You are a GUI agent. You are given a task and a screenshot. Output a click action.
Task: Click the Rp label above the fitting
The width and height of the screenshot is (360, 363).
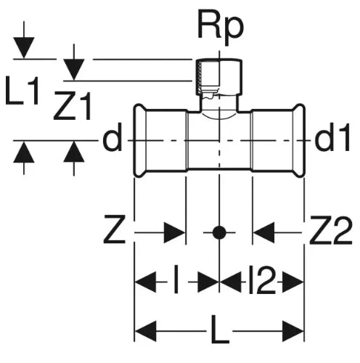tap(221, 28)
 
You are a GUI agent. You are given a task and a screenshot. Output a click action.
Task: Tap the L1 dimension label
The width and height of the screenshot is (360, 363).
tap(22, 90)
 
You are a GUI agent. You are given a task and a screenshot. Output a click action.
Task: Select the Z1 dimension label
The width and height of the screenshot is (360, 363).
tap(73, 106)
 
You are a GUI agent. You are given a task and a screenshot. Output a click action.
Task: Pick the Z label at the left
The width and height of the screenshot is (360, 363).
tap(115, 229)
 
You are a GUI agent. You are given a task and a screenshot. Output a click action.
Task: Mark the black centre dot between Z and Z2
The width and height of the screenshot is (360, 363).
tap(219, 232)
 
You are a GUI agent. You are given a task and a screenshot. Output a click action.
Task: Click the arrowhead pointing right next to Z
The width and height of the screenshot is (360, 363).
tap(174, 232)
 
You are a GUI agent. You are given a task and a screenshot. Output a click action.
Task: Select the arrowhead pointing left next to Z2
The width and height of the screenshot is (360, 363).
tap(263, 232)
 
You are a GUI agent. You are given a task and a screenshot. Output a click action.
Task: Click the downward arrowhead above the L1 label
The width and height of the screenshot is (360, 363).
tap(24, 48)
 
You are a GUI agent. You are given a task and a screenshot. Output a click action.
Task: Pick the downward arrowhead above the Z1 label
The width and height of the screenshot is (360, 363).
tap(74, 70)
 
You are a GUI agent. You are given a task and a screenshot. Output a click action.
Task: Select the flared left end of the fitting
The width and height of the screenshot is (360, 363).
tap(140, 141)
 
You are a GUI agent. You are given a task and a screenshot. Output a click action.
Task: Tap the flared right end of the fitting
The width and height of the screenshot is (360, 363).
tap(298, 141)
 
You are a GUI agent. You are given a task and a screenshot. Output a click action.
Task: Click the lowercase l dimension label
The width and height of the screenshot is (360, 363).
tap(176, 280)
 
